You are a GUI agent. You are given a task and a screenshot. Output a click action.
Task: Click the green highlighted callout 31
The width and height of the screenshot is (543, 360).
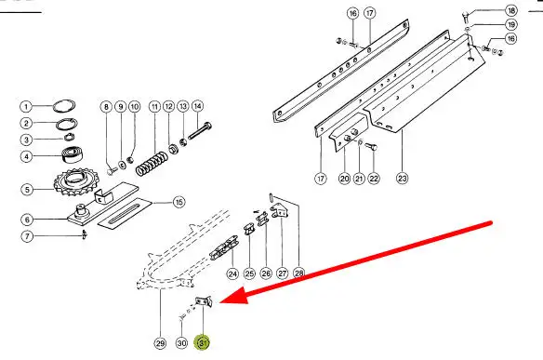pos(203,342)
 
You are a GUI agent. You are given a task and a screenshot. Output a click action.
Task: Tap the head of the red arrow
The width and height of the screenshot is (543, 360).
pos(220,302)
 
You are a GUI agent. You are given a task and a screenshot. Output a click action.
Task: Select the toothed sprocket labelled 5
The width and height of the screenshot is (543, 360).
pos(76,182)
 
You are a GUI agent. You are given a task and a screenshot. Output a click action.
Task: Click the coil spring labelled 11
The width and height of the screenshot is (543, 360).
pos(152,165)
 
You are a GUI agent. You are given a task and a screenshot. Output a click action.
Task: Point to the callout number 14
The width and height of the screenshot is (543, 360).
pos(197,106)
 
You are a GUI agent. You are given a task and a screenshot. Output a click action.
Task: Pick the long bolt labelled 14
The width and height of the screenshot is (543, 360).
pos(200,131)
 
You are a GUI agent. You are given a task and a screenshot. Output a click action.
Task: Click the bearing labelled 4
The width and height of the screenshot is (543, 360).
pos(72,154)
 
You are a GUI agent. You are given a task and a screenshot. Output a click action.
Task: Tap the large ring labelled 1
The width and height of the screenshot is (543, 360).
pos(64,106)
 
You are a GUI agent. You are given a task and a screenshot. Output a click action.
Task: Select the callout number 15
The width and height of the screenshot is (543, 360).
pos(179,202)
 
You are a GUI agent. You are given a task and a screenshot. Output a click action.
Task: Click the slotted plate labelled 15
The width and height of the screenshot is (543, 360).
pos(125,213)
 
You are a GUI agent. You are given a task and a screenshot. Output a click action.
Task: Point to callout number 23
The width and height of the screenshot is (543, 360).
pos(402,179)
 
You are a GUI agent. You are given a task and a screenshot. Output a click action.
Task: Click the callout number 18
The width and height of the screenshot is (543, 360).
pos(511,10)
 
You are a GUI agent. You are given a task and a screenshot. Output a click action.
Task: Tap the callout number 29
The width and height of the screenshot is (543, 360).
pos(160,343)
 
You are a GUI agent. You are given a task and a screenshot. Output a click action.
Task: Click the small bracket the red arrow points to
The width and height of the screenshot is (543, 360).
pos(204,301)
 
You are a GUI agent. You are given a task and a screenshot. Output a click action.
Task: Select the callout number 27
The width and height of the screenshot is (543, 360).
pos(283,273)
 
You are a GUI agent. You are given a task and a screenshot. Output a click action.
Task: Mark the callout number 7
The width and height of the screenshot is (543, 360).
pos(27,236)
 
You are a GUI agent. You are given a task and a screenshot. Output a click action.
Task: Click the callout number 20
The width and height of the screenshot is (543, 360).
pos(344,179)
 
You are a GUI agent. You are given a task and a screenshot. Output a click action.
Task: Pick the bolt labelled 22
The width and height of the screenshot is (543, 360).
pos(371,147)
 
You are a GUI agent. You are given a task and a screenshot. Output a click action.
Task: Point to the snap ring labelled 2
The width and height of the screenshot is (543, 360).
pos(67,124)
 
